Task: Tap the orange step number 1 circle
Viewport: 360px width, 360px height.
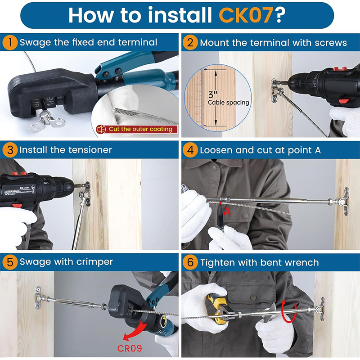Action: click(10, 42)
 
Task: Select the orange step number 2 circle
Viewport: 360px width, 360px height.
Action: click(190, 42)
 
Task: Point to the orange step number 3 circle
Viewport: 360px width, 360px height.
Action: click(10, 150)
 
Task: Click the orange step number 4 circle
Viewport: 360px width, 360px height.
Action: click(190, 150)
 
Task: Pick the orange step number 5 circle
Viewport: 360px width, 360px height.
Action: click(10, 262)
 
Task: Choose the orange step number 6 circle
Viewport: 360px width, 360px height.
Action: click(190, 262)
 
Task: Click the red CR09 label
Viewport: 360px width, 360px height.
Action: click(130, 348)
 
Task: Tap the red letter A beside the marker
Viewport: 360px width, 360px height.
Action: click(227, 211)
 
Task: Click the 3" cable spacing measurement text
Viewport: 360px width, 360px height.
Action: click(228, 99)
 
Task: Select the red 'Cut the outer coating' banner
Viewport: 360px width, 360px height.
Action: click(137, 129)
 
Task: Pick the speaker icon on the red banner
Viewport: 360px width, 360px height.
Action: click(101, 129)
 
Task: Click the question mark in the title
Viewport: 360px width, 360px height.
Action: click(280, 15)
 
